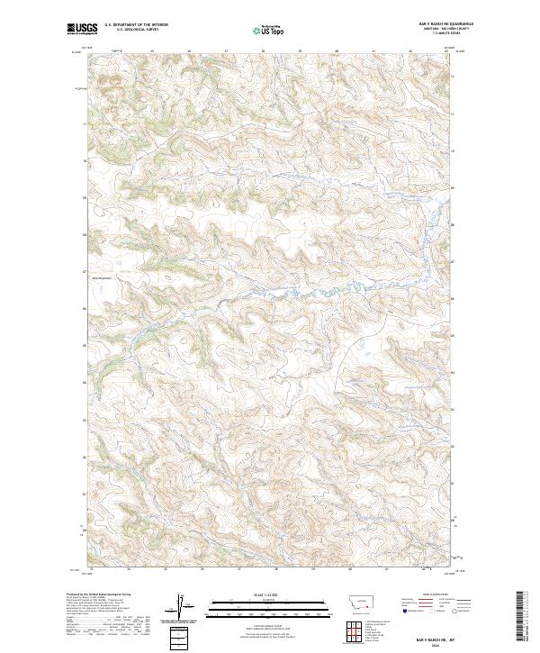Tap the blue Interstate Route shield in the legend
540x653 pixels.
click(402, 610)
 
